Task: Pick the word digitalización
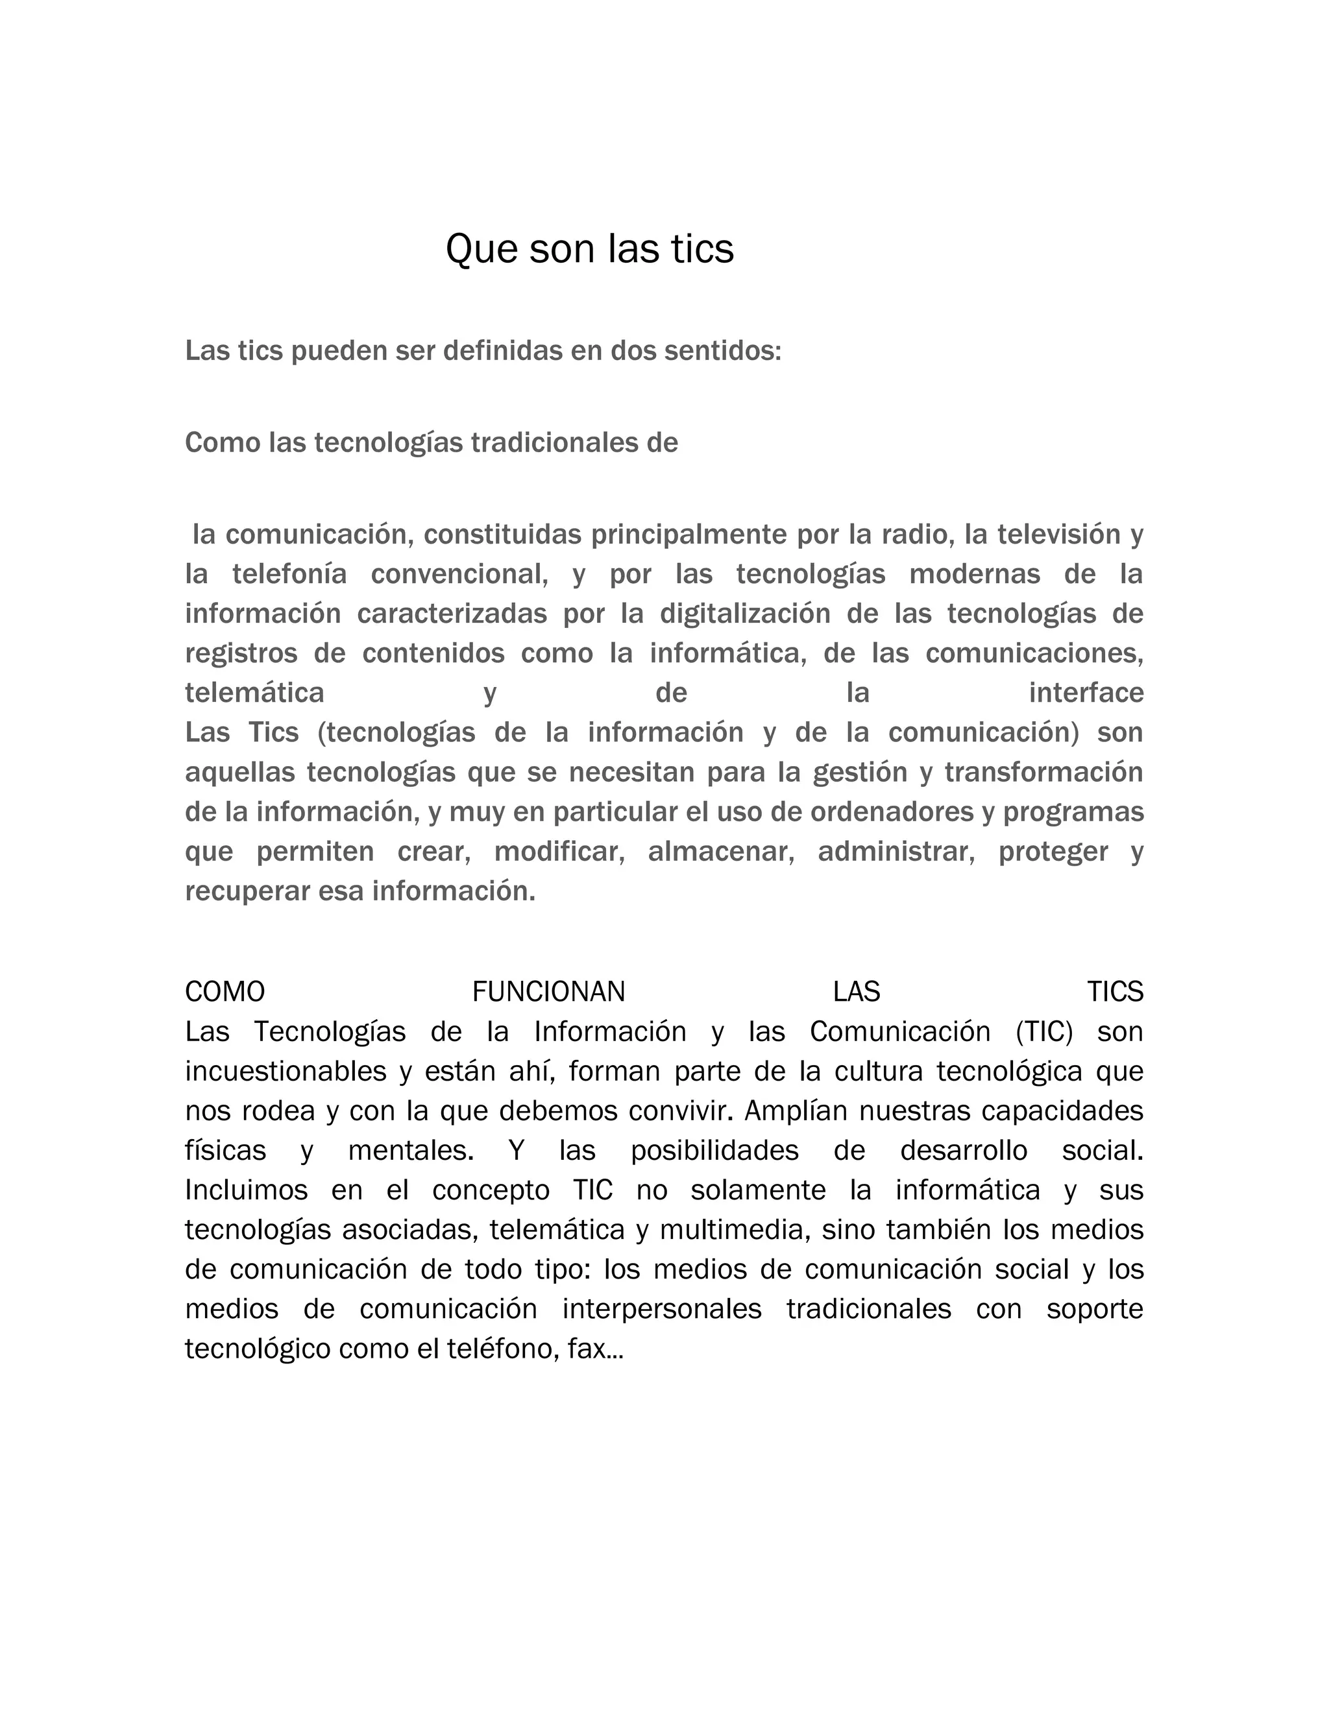(745, 614)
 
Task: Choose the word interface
(1086, 693)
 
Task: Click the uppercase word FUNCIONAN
(549, 992)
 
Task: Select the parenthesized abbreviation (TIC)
(1044, 1032)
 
